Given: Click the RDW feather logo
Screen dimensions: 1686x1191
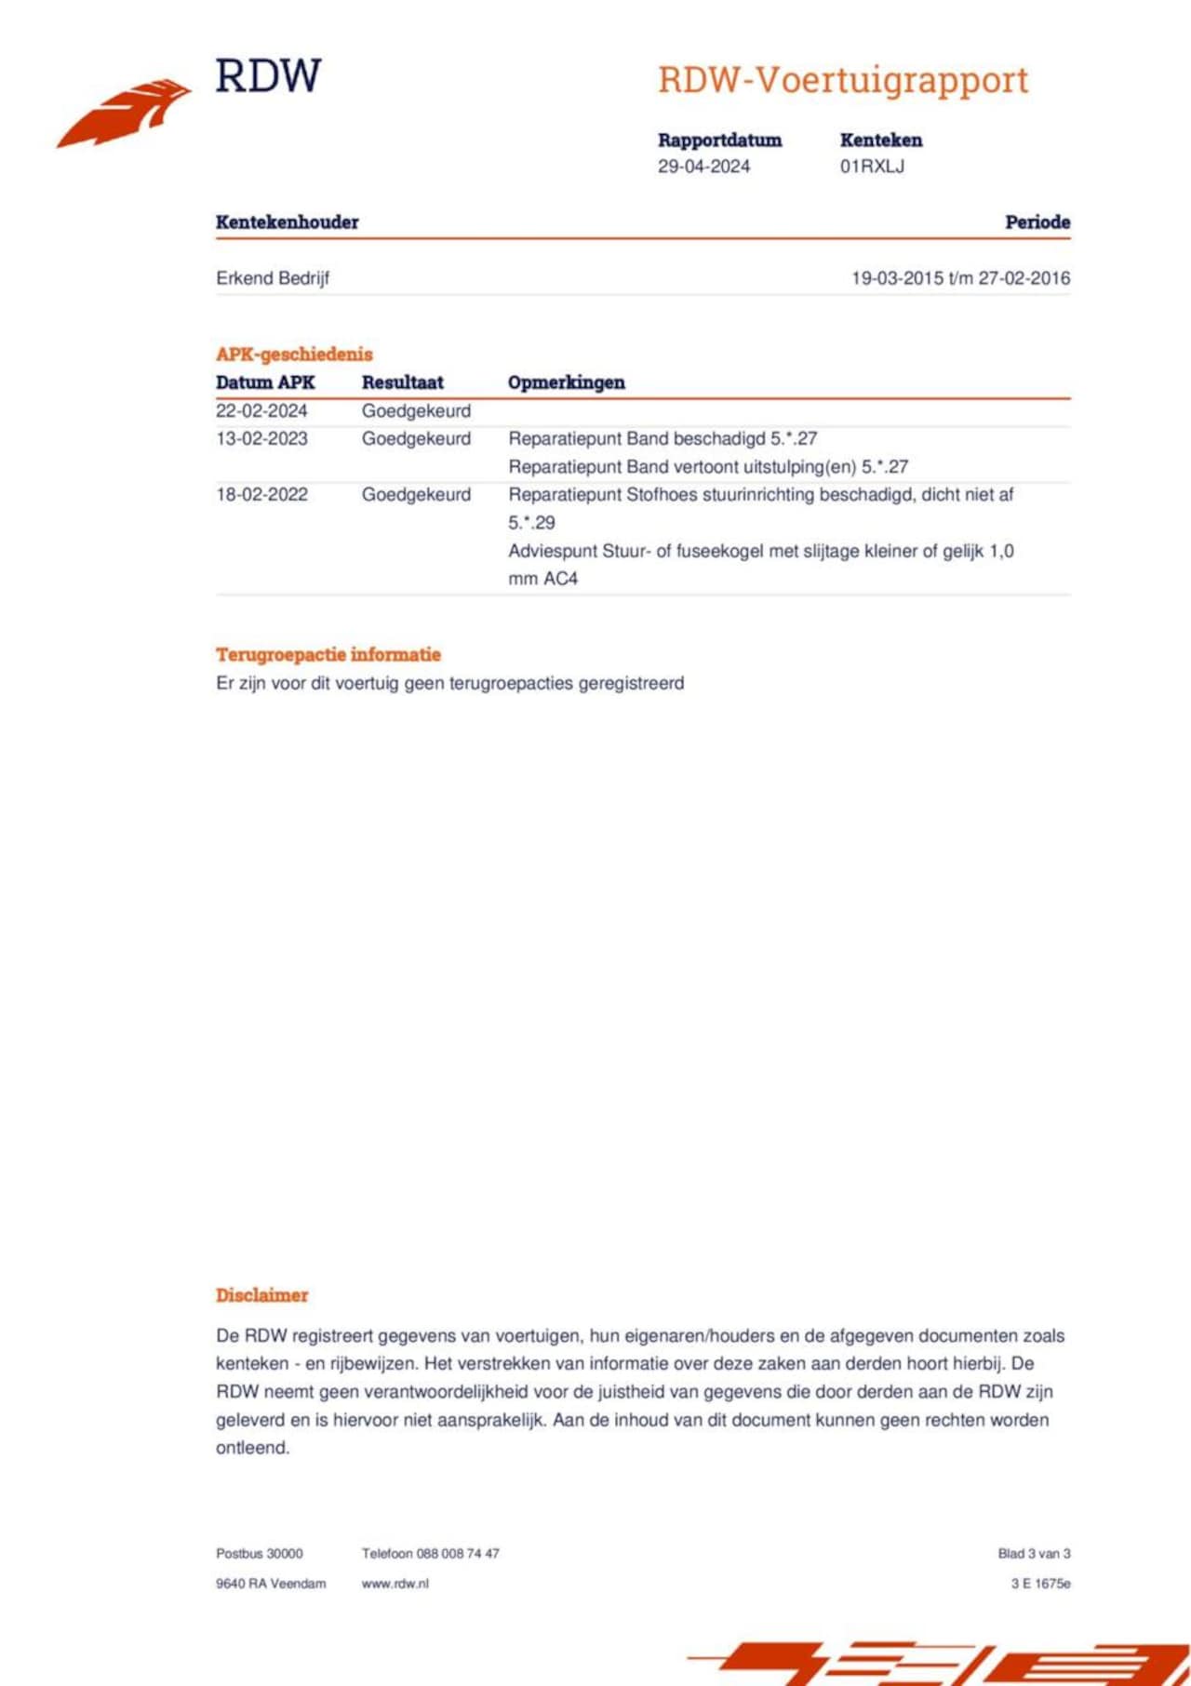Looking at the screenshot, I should coord(125,113).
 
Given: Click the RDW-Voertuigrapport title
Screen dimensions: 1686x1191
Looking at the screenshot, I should coord(843,80).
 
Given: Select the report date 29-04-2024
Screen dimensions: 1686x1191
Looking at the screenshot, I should coord(703,167).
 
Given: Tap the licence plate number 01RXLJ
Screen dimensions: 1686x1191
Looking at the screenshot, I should coord(872,167).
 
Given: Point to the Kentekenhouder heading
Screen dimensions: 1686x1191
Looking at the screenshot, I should coord(287,222).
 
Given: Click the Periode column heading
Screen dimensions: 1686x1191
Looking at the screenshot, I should coord(1037,222).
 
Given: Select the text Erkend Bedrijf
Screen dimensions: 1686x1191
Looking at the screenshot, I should coord(273,278).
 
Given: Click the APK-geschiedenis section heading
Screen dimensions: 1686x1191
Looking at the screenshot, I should coord(294,355).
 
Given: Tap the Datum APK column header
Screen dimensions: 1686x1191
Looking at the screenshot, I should coord(265,382).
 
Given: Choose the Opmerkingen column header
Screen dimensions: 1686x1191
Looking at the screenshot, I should coord(566,382).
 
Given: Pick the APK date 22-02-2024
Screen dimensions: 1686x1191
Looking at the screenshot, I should coord(261,411).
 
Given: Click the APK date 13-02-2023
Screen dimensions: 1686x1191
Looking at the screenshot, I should coord(261,439).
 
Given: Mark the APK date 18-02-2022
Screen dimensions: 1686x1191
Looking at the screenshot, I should coord(261,495).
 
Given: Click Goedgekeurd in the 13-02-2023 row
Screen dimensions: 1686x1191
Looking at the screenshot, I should coord(416,439).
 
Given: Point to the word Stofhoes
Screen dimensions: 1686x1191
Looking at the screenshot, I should coord(662,495).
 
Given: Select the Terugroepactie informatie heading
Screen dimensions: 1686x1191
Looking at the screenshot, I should coord(328,655).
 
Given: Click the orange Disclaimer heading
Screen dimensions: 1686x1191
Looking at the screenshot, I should coord(261,1295).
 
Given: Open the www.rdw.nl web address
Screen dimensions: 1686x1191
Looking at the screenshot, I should coord(395,1584).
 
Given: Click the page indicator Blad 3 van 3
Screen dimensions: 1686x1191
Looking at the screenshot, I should coord(1034,1554).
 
